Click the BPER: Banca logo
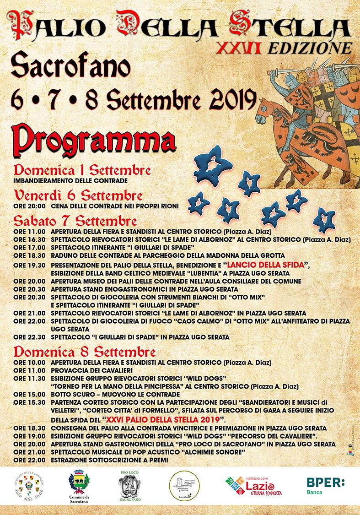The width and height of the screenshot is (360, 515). point(325,486)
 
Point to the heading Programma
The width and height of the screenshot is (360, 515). point(94,140)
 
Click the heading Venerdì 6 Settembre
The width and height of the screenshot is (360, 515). point(77,196)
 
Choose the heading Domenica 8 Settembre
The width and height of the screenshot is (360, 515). point(84,352)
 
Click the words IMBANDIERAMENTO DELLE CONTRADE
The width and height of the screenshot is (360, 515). point(70,181)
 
